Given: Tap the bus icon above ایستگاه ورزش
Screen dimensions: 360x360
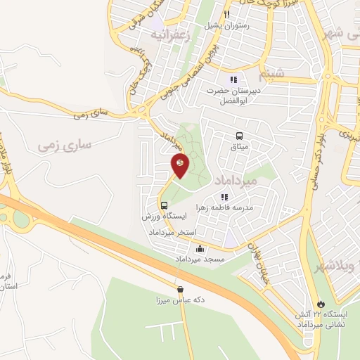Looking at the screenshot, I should [x=164, y=206].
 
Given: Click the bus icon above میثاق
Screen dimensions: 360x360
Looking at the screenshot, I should [x=240, y=136].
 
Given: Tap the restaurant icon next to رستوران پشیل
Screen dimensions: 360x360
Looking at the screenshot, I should [x=226, y=14].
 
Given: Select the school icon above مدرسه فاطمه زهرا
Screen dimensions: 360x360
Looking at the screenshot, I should [x=225, y=198].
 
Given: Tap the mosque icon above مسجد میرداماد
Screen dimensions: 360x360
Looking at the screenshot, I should [x=200, y=248].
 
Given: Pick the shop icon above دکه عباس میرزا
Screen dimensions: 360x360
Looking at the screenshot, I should [x=181, y=288].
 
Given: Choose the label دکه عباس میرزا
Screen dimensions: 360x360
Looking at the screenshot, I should [x=180, y=300].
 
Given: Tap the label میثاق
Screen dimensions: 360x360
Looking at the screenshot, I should [x=240, y=147].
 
